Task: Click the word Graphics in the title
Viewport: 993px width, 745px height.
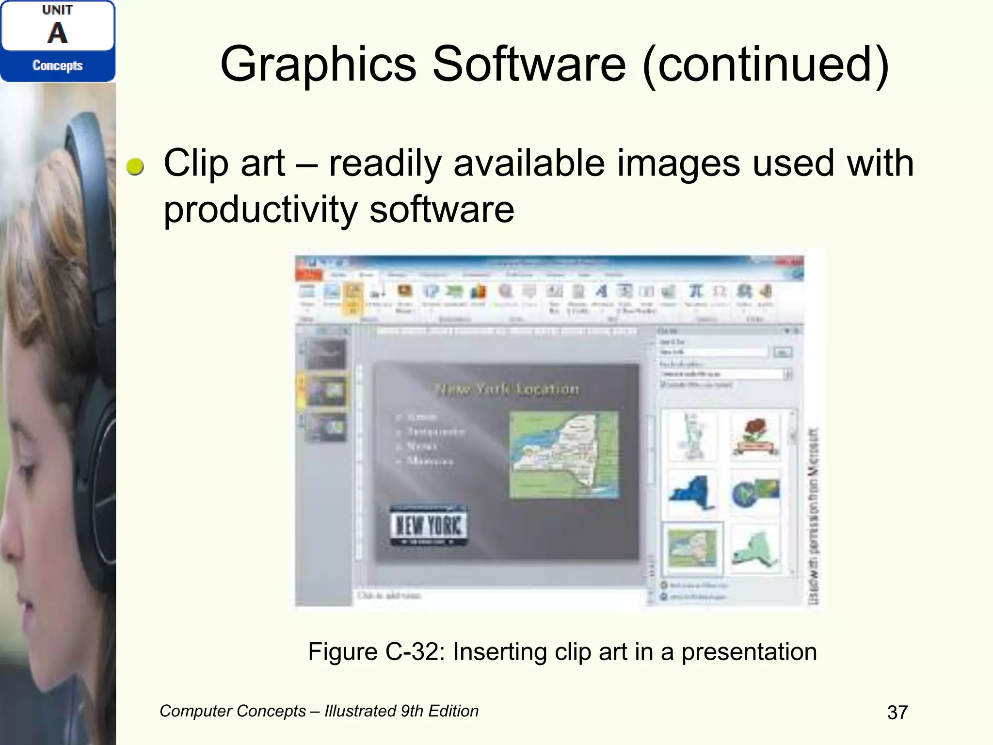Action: coord(318,65)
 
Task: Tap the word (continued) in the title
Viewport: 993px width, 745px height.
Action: coord(766,65)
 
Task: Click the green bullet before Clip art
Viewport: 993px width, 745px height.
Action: coord(135,166)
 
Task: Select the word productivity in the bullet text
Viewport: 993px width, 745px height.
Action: coord(260,210)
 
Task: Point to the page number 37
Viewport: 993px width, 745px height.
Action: coord(897,713)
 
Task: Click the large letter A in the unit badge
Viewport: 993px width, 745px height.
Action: coord(57,33)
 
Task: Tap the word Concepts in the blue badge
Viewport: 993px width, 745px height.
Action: coord(57,65)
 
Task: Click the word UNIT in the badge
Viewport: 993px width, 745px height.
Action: coord(57,10)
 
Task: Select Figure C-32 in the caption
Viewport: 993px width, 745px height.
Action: coord(376,652)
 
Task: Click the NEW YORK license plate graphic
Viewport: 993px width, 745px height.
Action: coord(429,525)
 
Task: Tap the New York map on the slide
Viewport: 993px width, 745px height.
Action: coord(564,454)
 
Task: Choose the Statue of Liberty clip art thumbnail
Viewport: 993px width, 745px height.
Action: coord(692,436)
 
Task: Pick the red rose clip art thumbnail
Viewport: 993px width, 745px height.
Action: coord(755,436)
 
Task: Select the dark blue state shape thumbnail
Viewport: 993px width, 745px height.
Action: coord(692,493)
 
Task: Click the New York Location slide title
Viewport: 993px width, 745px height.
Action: coord(507,389)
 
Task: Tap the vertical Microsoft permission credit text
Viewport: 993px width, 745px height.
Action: coord(813,517)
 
